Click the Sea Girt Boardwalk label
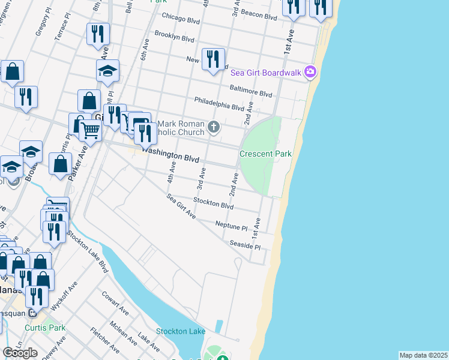coord(266,73)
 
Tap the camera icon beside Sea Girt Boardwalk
coord(310,72)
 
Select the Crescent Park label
coord(265,154)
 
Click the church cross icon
coord(214,127)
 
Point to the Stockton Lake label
coord(176,331)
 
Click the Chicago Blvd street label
coord(180,19)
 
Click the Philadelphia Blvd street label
coord(218,104)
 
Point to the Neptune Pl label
coord(231,226)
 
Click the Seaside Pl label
coord(245,245)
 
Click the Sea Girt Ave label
coord(181,205)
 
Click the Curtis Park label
coord(45,328)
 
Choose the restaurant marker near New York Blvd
coord(213,59)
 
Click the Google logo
coord(20,353)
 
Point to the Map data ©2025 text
coord(423,355)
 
